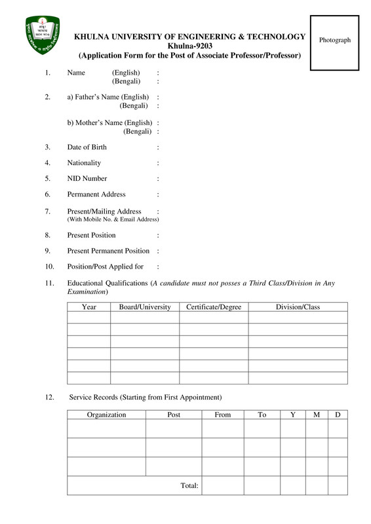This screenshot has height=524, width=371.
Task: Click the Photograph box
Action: tap(334, 43)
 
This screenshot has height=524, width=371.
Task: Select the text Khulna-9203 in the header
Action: tap(189, 46)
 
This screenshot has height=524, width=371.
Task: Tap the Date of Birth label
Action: tap(87, 147)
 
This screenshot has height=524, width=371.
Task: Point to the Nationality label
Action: tap(84, 163)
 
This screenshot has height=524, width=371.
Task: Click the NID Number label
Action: tap(87, 179)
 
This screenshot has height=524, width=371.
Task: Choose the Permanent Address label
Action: tap(96, 195)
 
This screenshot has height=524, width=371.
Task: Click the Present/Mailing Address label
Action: tap(104, 212)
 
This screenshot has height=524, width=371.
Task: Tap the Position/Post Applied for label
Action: tap(105, 267)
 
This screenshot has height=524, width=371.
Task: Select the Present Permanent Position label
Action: tap(108, 251)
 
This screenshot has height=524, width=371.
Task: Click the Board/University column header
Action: tap(145, 307)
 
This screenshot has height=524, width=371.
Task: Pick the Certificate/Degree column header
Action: tap(214, 307)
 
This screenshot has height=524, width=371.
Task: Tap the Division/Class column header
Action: tap(298, 307)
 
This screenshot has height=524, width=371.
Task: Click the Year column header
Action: tap(88, 307)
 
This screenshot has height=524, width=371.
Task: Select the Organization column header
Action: tap(106, 415)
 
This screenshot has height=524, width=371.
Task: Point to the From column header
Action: tap(223, 415)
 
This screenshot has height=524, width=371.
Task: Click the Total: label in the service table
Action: tap(189, 485)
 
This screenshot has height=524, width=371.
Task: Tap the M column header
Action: tap(317, 415)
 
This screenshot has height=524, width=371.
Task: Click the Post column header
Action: tap(174, 415)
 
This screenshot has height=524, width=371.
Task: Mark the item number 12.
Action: tap(50, 398)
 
